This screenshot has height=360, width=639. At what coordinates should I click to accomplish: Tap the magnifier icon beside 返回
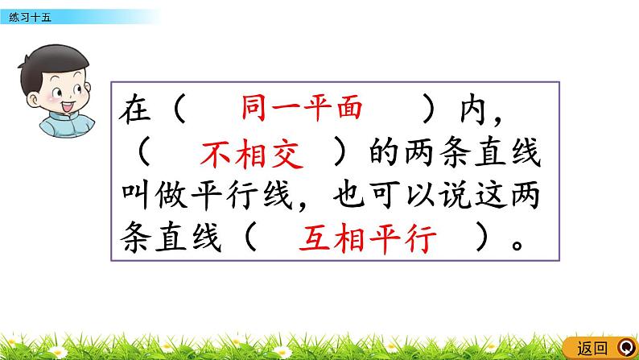coord(625,348)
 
